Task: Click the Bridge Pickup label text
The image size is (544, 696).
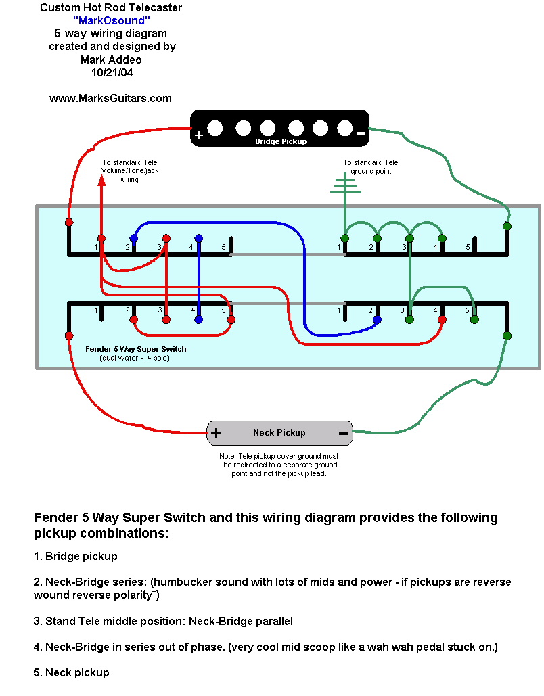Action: (280, 141)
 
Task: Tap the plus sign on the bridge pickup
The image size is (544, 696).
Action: (199, 135)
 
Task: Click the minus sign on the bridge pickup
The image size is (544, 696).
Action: (361, 133)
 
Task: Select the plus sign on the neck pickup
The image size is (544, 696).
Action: (216, 433)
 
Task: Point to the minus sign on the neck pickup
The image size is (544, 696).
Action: (343, 433)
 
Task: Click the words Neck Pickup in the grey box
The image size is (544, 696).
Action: (279, 432)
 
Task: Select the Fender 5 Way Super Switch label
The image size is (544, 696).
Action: (135, 349)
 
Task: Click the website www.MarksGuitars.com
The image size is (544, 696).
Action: (110, 98)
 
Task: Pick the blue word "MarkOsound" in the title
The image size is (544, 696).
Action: (111, 20)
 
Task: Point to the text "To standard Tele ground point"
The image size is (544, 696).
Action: (370, 167)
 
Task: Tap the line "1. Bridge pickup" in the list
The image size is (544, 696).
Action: (75, 556)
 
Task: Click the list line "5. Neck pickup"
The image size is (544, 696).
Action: (71, 672)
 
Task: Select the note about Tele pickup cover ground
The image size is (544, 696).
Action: (279, 465)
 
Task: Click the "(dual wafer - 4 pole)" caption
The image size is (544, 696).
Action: (134, 357)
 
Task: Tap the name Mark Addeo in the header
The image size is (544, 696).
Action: (111, 60)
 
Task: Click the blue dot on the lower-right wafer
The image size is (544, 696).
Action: (377, 319)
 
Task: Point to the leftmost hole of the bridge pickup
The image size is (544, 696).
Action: (216, 127)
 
